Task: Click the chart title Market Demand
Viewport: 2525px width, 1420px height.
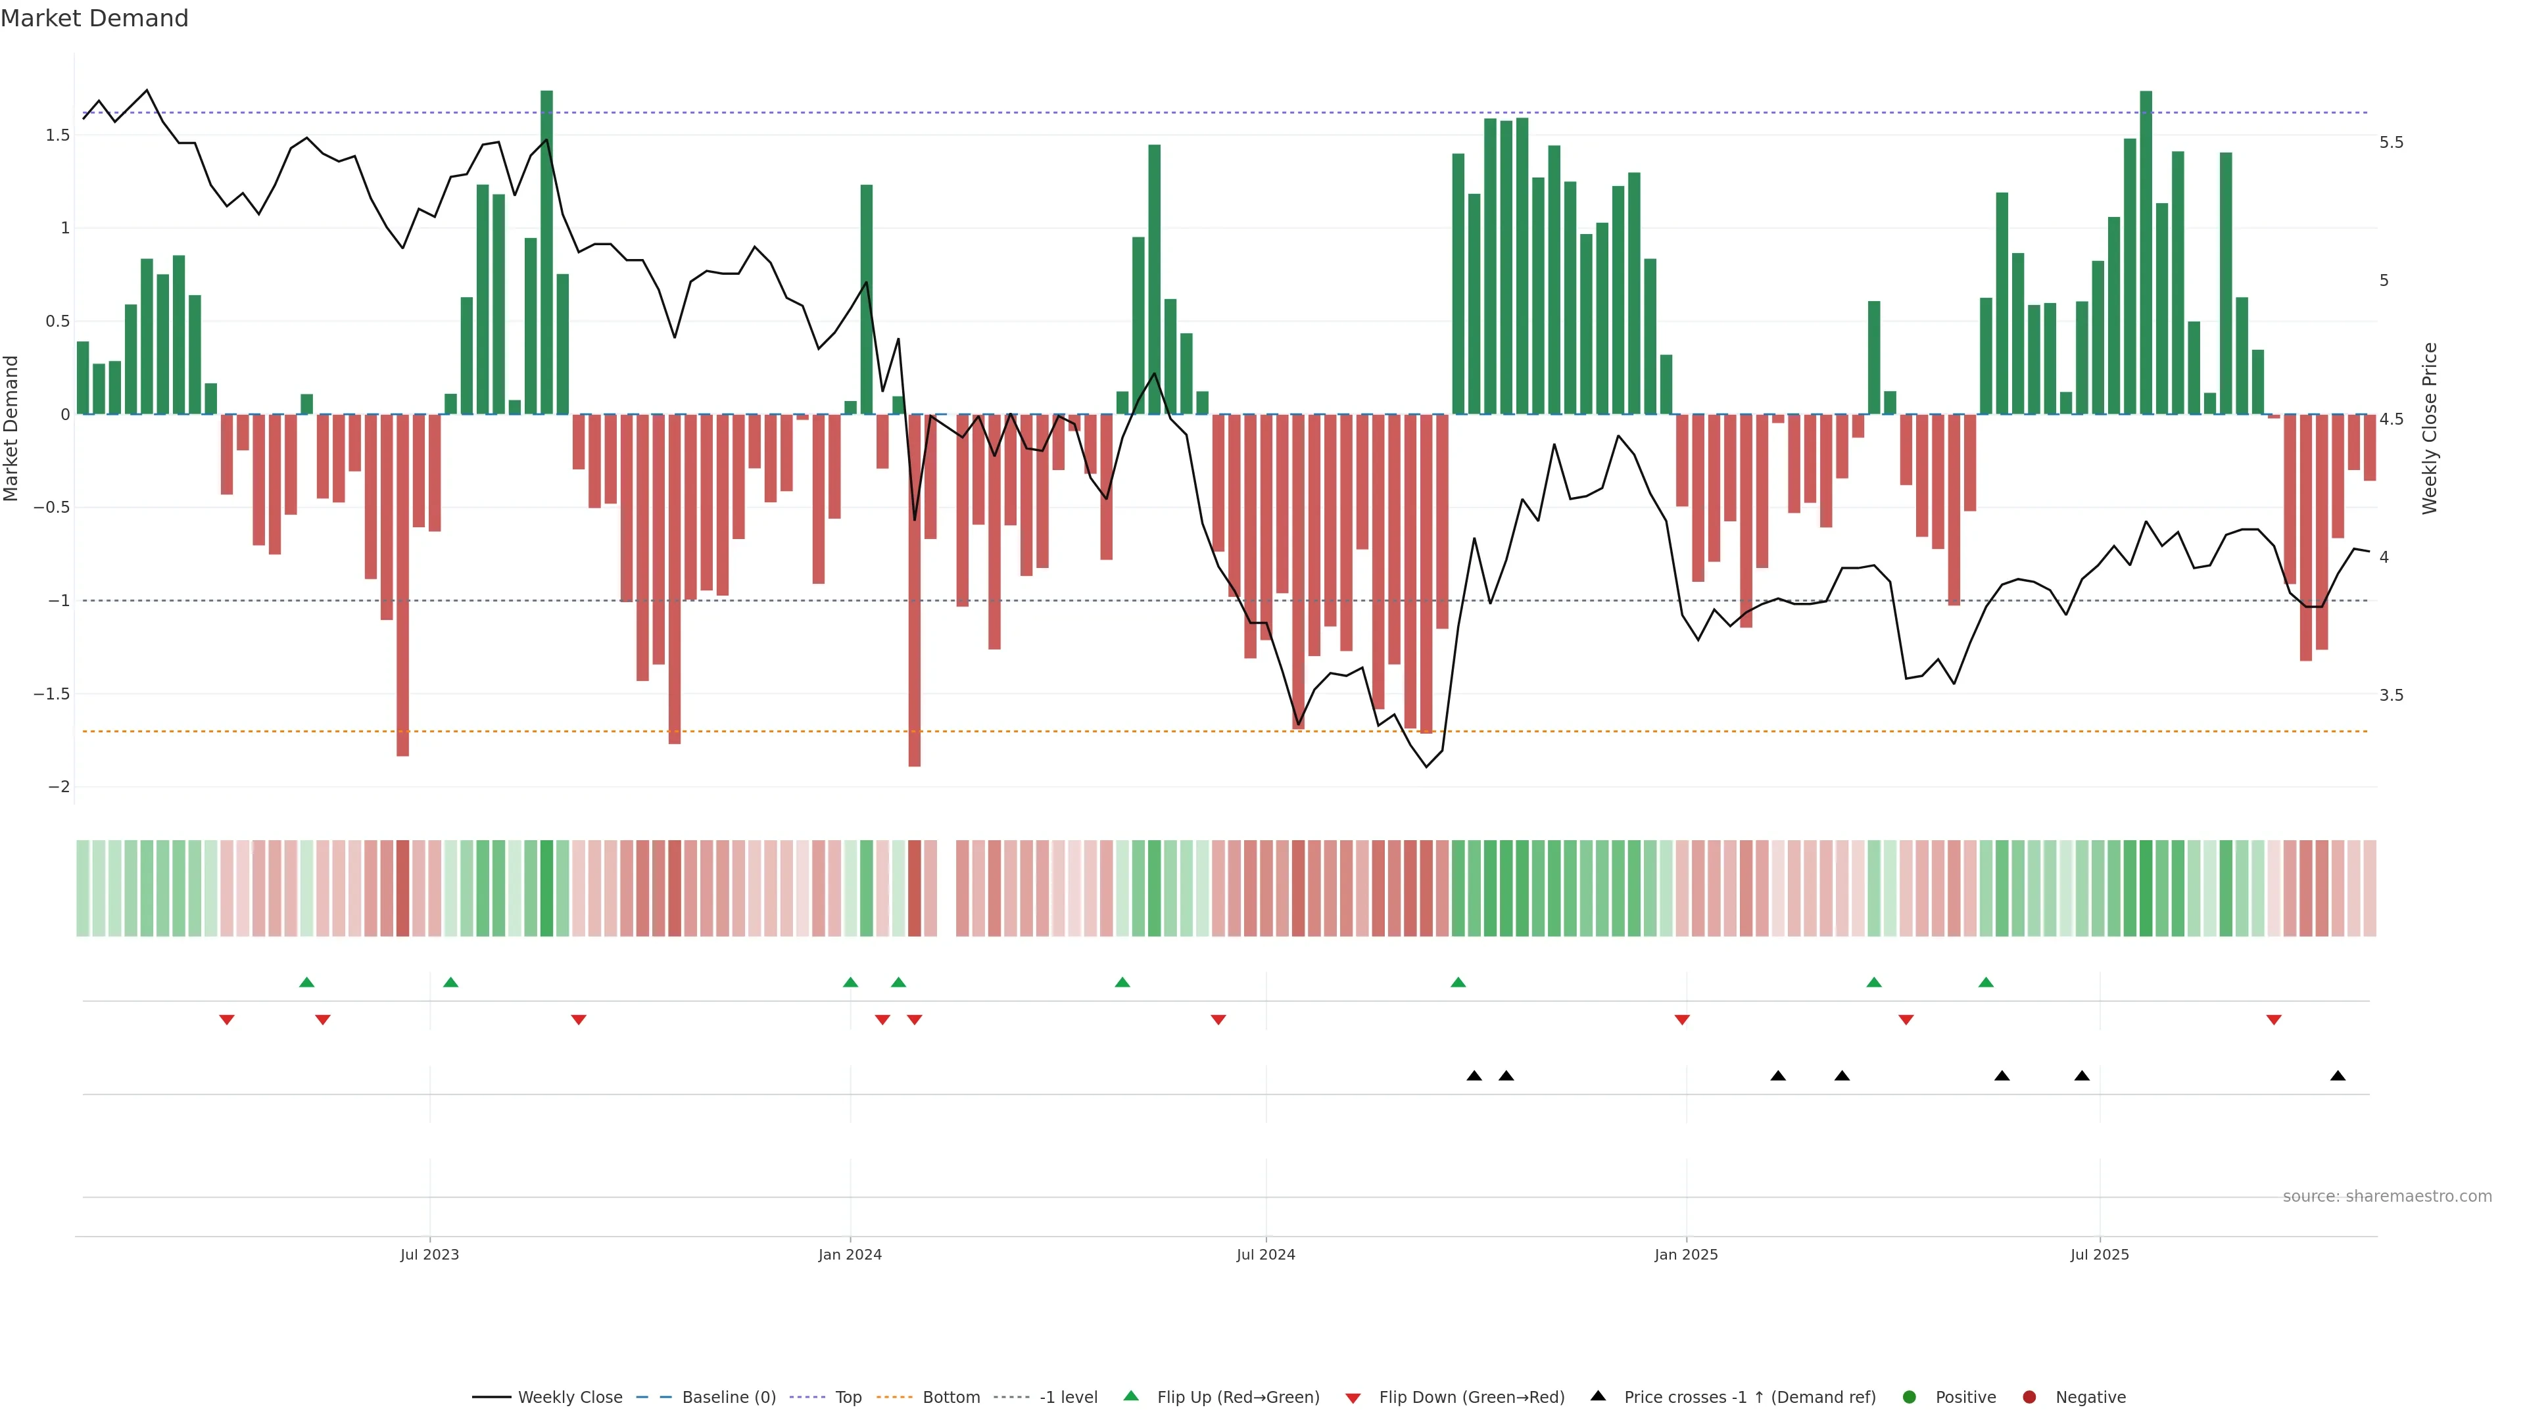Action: click(x=94, y=18)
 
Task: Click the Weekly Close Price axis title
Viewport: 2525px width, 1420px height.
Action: click(x=2429, y=428)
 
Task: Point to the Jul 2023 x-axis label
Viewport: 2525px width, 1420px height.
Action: click(x=429, y=1254)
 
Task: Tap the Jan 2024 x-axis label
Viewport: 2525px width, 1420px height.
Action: click(x=850, y=1254)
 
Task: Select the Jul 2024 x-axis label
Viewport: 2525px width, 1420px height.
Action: click(x=1265, y=1254)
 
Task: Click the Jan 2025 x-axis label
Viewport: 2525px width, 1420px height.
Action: click(x=1686, y=1254)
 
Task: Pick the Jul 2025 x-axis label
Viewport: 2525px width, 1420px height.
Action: click(x=2100, y=1254)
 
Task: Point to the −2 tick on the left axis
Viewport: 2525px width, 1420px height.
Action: click(x=59, y=787)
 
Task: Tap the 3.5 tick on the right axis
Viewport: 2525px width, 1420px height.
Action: click(x=2391, y=696)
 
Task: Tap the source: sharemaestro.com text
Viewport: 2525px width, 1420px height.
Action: click(x=2387, y=1196)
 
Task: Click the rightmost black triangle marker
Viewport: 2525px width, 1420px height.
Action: click(x=2338, y=1076)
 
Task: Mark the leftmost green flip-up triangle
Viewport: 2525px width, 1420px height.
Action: click(x=307, y=983)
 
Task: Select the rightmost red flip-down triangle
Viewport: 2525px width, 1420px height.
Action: click(x=2274, y=1020)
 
